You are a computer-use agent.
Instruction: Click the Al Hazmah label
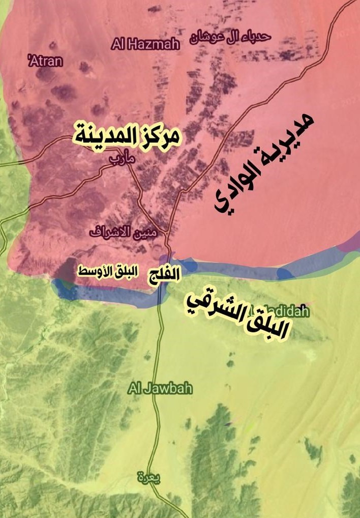(x=146, y=45)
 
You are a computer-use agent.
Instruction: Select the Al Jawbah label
(x=160, y=389)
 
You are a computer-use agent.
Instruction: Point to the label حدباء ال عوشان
(x=231, y=37)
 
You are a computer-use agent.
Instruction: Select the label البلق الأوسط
(x=107, y=272)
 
